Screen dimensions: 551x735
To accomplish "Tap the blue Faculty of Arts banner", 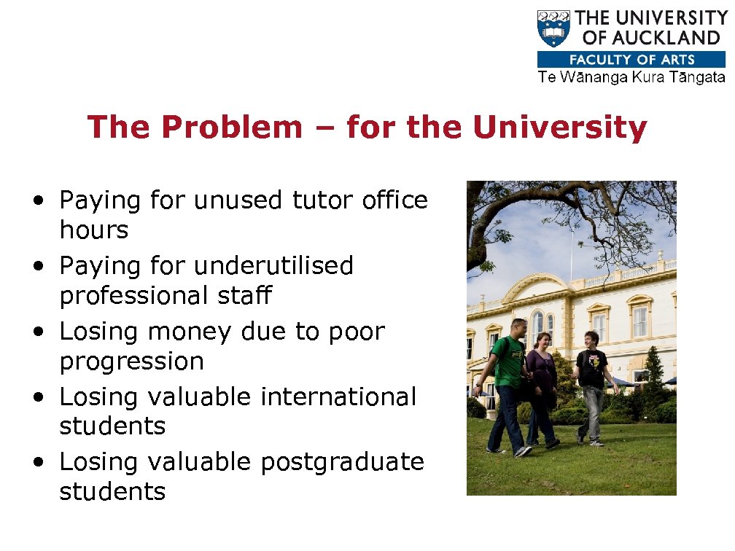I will (x=631, y=60).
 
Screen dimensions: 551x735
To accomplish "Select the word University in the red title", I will (x=559, y=128).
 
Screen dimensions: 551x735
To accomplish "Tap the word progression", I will (x=131, y=361).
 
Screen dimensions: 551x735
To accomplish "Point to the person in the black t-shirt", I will (x=592, y=383).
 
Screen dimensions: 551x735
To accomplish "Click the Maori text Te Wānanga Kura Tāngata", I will (x=631, y=77).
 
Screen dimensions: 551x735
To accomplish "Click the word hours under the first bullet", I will (x=93, y=230).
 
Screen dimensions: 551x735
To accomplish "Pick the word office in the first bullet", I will (x=394, y=200).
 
